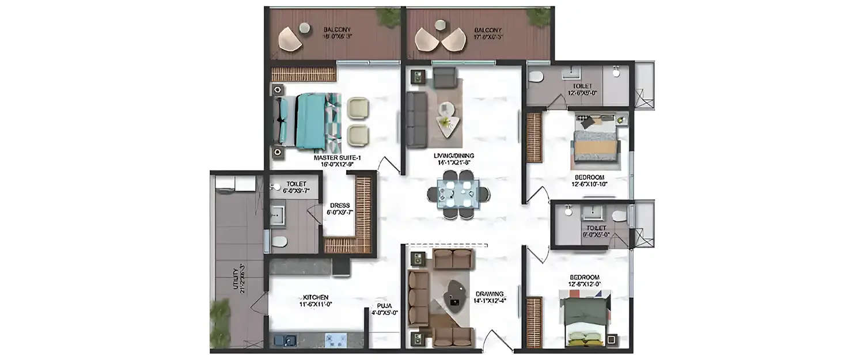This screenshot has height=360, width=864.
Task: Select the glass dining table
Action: (x=457, y=192)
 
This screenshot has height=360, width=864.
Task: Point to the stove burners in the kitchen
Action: (x=335, y=339)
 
